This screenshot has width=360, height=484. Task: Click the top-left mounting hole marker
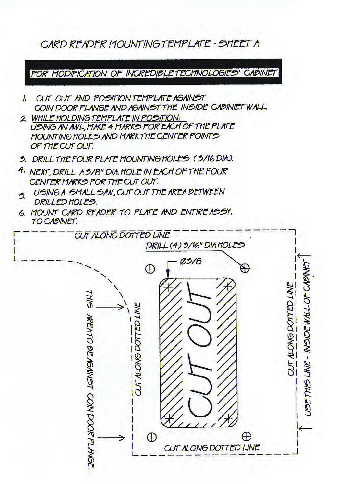[x=150, y=269]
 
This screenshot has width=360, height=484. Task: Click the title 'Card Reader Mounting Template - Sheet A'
[x=150, y=44]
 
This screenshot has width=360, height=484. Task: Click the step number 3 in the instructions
[x=23, y=159]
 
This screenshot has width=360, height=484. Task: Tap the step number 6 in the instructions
[x=23, y=213]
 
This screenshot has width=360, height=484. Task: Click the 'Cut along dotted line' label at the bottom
[x=212, y=448]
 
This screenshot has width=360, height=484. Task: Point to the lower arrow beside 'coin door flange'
[x=111, y=438]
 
